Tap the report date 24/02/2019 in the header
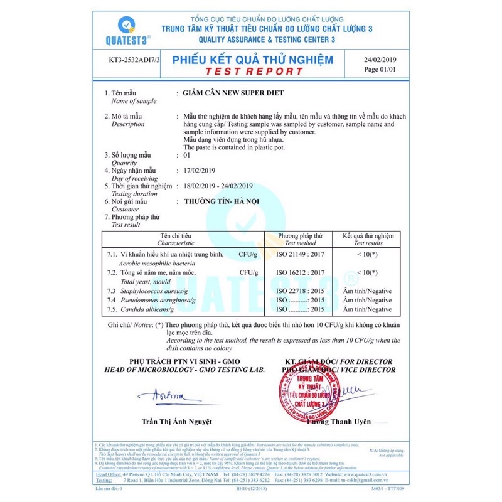[380, 60]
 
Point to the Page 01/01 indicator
[380, 70]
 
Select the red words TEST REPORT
[253, 71]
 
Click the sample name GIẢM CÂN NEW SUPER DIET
[232, 93]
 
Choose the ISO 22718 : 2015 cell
[300, 292]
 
